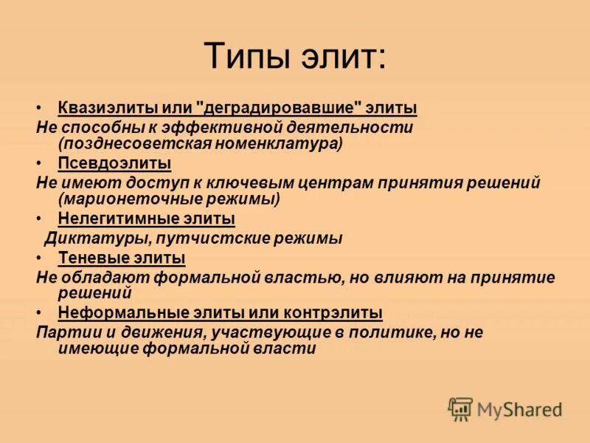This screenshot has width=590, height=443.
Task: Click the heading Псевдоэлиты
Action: point(114,162)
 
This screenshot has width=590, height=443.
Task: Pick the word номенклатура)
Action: point(280,143)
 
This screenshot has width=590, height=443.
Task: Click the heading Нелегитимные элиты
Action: point(146,219)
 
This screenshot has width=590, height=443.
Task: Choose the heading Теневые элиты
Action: point(121,258)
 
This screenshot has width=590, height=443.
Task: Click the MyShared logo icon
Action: point(461,408)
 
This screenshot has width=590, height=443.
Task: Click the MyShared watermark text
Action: point(519,408)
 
